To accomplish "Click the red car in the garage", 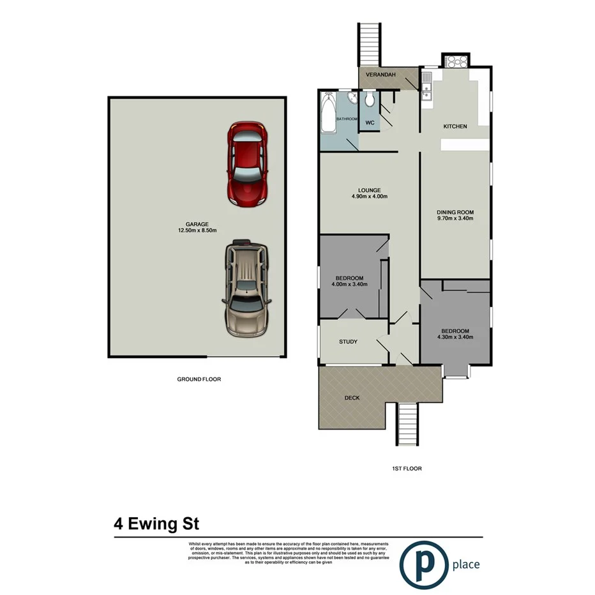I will tap(248, 163).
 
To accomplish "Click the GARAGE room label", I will tap(197, 224).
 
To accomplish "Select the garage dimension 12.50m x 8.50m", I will tap(197, 231).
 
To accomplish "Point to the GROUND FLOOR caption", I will tap(199, 379).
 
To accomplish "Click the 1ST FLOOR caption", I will tap(407, 469).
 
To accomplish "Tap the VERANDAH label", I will tap(381, 75).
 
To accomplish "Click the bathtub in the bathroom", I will tap(328, 114).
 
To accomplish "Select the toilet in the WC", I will tap(368, 102).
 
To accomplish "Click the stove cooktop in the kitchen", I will tap(457, 62).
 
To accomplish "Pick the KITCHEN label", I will tap(455, 126).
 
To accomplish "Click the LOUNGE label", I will tap(370, 190).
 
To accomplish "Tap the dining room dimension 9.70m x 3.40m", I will tap(455, 218).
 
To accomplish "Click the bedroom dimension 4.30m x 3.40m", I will tap(455, 337).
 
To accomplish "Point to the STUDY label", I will tap(348, 342).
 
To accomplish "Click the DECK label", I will tap(352, 398).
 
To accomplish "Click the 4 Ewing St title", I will tap(156, 524).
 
